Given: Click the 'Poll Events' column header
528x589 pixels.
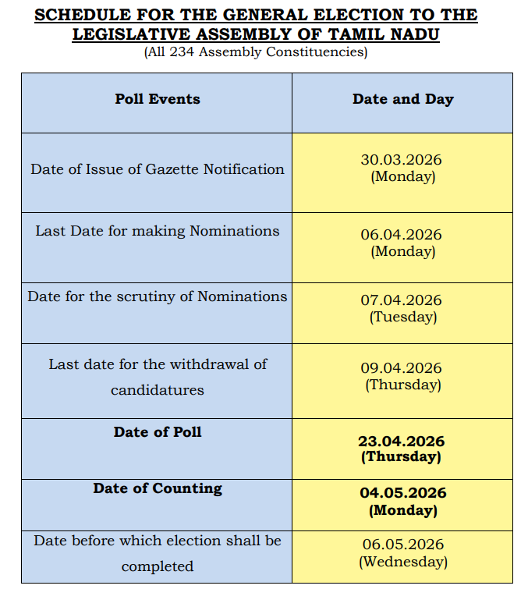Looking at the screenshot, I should click(x=158, y=99).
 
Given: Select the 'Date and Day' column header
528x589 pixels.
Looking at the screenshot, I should click(x=402, y=99).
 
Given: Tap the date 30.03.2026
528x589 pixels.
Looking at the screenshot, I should click(x=402, y=159).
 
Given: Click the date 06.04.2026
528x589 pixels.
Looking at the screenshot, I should click(x=402, y=234).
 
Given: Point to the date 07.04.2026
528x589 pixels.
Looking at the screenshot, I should click(x=402, y=300).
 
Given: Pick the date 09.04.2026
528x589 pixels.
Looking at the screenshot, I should click(x=402, y=367).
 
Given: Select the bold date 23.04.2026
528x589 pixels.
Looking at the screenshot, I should click(x=402, y=441).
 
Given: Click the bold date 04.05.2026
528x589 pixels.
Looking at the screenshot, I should click(x=402, y=493).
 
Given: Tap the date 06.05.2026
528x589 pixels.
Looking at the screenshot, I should click(x=402, y=545).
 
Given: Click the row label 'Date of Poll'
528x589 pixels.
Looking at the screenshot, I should click(x=158, y=431).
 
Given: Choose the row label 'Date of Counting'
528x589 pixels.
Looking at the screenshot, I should click(x=158, y=488).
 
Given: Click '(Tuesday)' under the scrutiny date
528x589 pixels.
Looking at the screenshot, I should click(x=402, y=317).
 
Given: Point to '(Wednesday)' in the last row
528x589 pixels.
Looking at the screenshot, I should click(x=402, y=562).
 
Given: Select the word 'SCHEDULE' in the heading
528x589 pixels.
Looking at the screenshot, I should click(x=83, y=15).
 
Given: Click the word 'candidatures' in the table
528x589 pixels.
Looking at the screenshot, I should click(x=158, y=389).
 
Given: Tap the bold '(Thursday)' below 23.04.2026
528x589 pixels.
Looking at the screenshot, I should click(x=402, y=457).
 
